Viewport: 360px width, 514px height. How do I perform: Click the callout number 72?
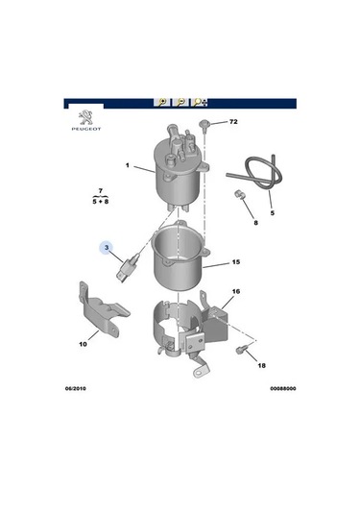(x=230, y=123)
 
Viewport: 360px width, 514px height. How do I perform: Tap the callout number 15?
(x=235, y=262)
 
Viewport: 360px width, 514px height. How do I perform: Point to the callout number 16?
(x=235, y=290)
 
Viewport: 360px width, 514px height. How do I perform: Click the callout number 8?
(x=255, y=223)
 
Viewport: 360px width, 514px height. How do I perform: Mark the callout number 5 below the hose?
(x=272, y=211)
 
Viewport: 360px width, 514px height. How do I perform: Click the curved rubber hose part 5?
(x=253, y=174)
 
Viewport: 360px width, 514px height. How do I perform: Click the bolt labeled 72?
(x=205, y=124)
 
